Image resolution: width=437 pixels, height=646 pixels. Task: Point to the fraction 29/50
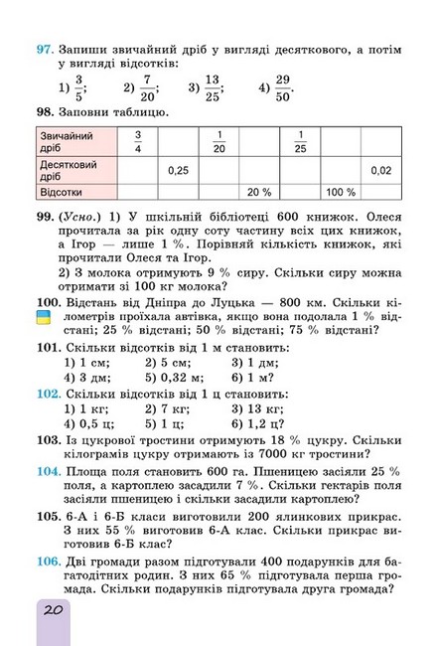[284, 86]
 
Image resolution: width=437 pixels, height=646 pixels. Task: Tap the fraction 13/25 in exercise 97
[213, 86]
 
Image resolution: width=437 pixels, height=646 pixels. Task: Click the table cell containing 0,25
[178, 170]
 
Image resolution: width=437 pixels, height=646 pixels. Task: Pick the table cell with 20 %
[259, 191]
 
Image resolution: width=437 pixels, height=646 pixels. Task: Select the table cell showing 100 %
[341, 191]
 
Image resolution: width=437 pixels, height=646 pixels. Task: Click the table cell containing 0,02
[380, 170]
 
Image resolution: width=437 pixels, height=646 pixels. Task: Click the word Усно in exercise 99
[80, 216]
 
